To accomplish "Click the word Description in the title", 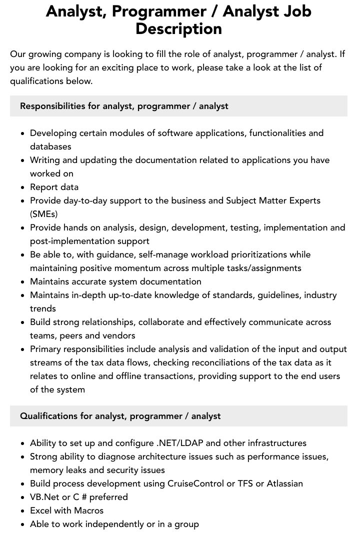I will pyautogui.click(x=178, y=28).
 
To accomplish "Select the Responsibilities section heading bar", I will pyautogui.click(x=178, y=106).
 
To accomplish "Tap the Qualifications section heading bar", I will pyautogui.click(x=178, y=416).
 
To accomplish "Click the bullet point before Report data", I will pyautogui.click(x=23, y=187).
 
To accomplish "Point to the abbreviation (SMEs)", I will pyautogui.click(x=44, y=214).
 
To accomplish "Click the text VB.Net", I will pyautogui.click(x=44, y=497).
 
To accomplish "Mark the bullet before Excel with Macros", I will pyautogui.click(x=23, y=511).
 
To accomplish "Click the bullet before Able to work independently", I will pyautogui.click(x=23, y=524).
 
